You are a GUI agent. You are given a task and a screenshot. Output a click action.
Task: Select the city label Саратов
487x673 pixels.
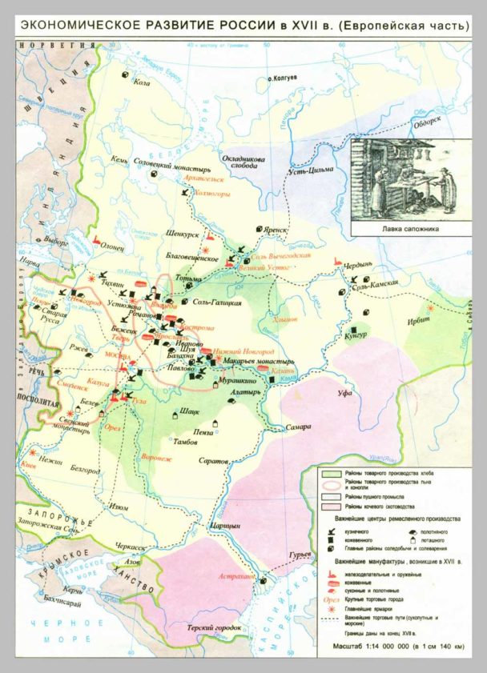pos(214,461)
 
